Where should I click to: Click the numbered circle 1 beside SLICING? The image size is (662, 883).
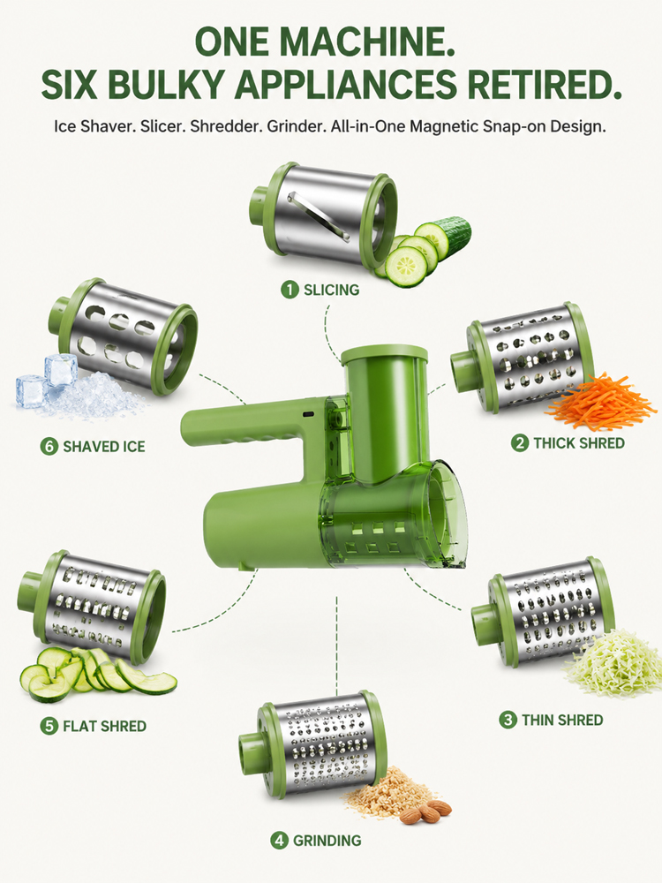[290, 290]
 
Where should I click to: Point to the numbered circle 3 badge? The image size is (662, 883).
[508, 720]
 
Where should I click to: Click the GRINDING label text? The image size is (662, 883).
[327, 841]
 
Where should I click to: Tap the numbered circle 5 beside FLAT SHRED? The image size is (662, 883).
[49, 726]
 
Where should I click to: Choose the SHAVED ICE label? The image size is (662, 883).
[104, 447]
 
